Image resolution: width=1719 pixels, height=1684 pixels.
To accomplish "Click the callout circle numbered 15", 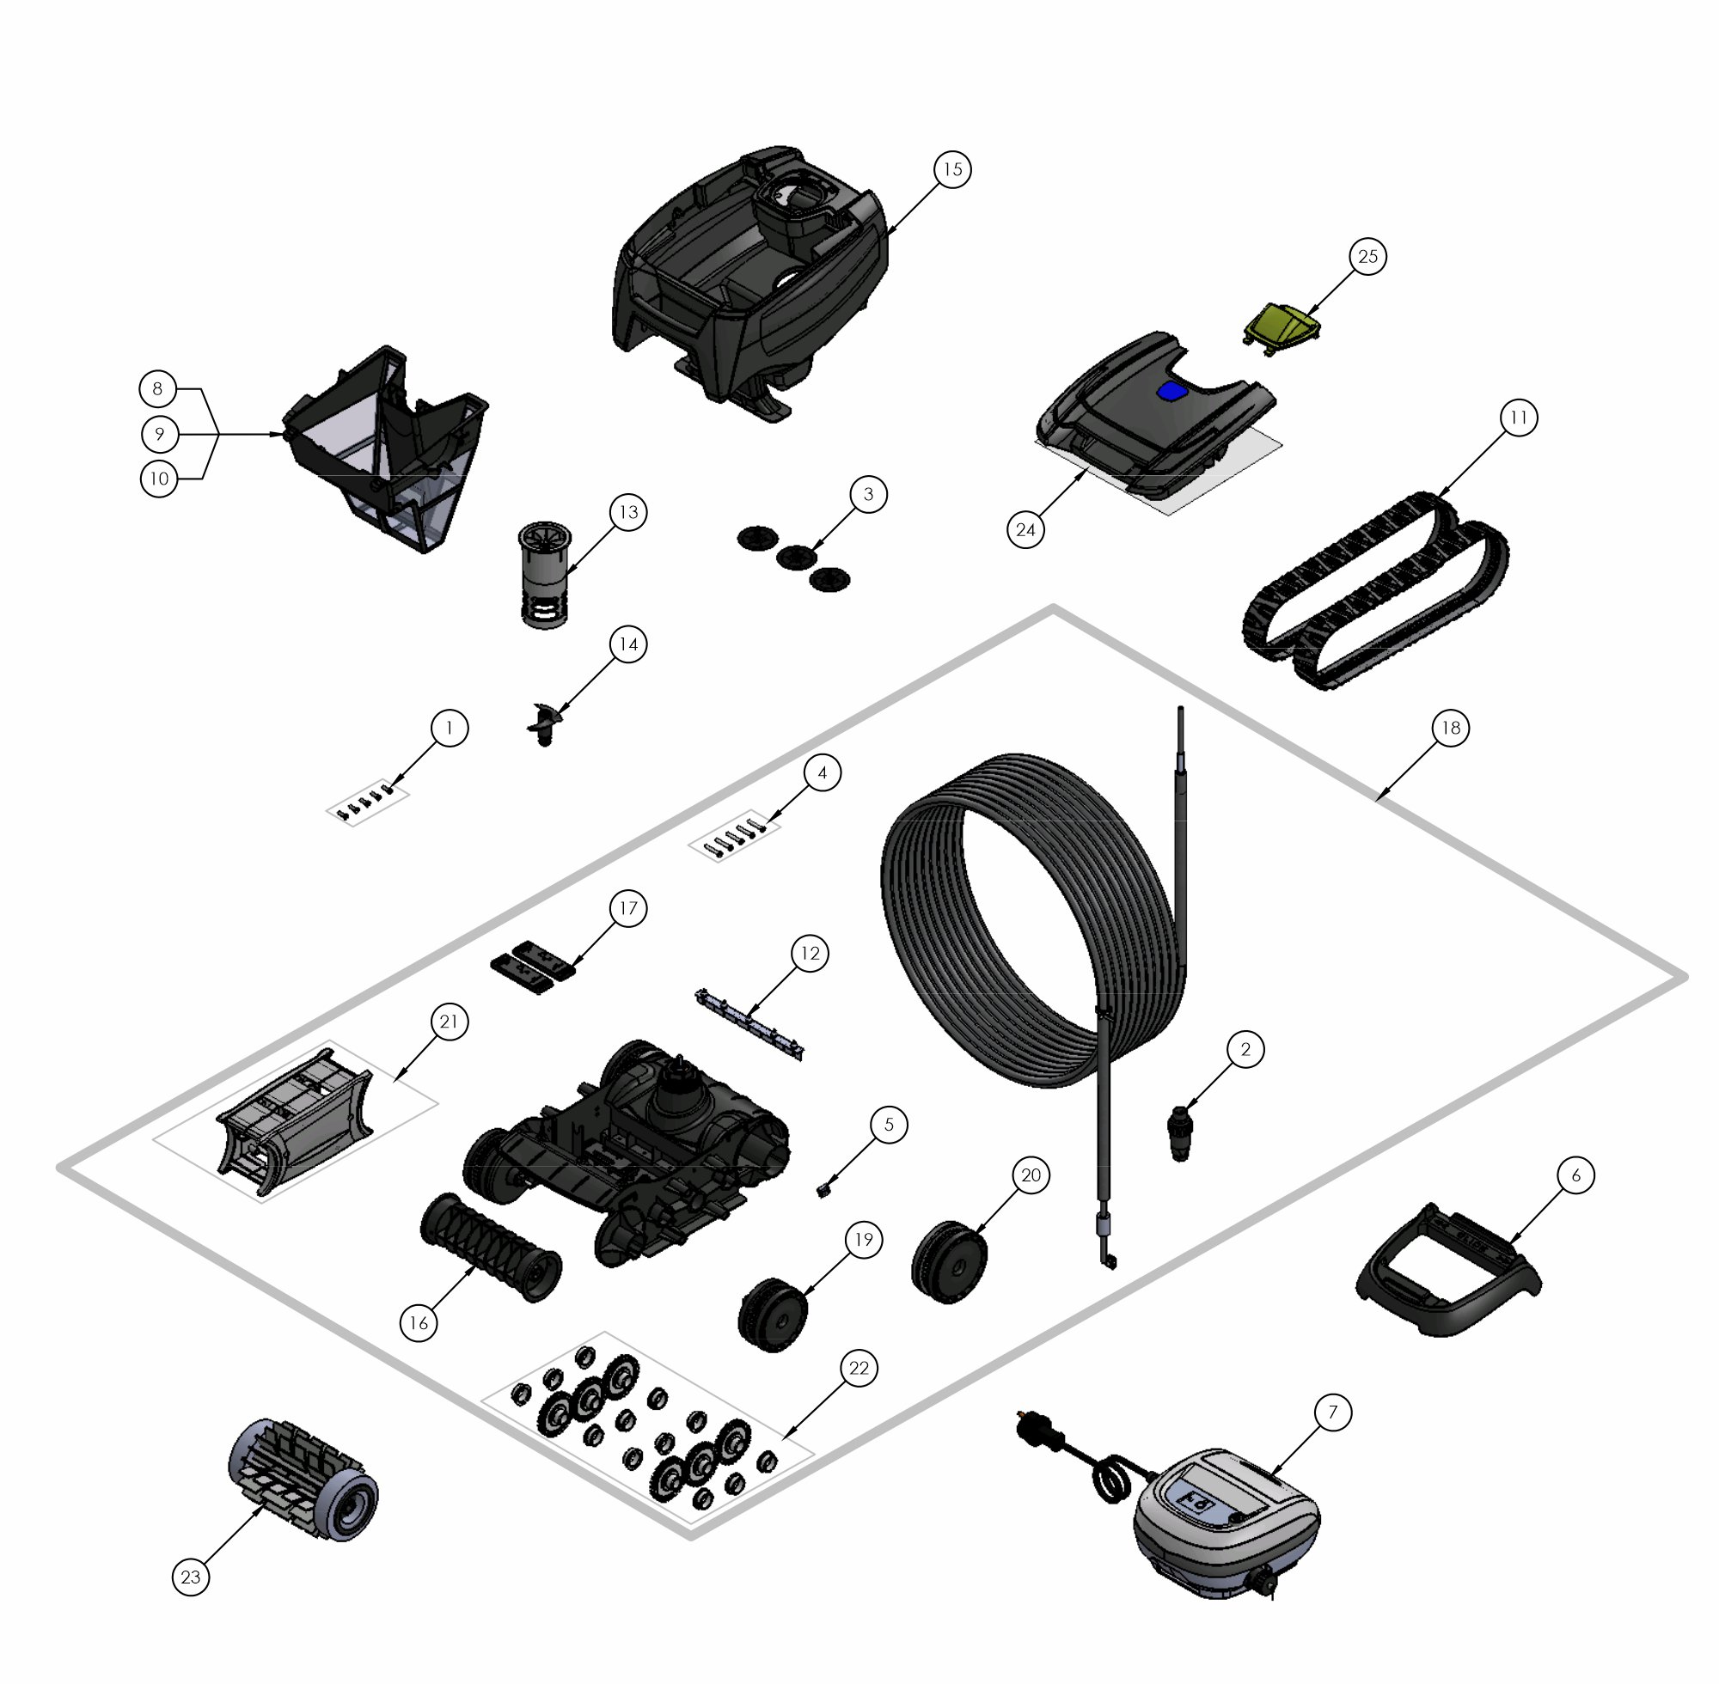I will [953, 169].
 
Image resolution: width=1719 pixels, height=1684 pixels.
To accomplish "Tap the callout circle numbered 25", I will [1367, 257].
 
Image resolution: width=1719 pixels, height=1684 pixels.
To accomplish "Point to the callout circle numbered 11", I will [1519, 418].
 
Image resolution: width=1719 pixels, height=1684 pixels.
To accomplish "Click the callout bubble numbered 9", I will [159, 434].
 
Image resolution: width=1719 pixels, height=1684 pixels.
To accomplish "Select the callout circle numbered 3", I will [868, 494].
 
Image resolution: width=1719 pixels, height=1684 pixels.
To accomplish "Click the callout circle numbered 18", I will [1450, 728].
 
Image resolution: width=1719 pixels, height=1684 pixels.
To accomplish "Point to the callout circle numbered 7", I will [1332, 1413].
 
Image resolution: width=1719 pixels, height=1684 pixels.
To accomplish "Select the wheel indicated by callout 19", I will [773, 1315].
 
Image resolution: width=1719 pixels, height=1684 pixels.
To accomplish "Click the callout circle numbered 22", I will [858, 1368].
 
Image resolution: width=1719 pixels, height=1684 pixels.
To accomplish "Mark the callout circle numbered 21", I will [450, 1022].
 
